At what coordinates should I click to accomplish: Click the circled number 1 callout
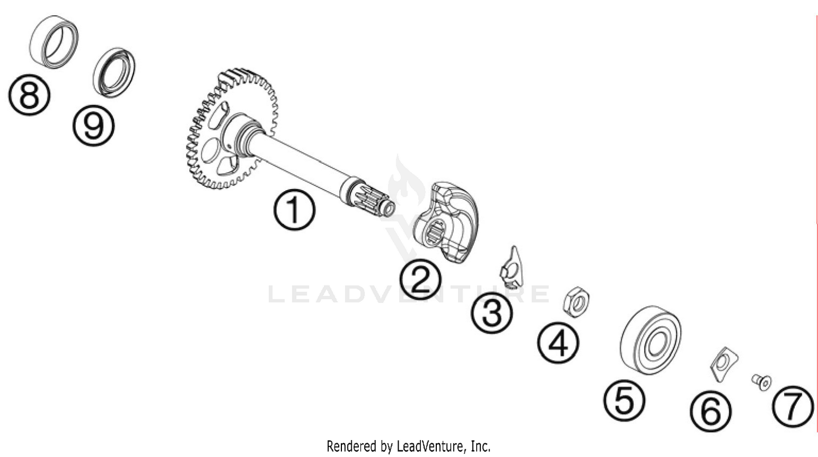point(294,211)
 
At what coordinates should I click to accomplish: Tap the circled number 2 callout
point(420,279)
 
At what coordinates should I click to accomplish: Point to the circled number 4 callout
point(558,344)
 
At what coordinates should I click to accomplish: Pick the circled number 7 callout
point(792,406)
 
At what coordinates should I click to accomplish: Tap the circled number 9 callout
point(93,126)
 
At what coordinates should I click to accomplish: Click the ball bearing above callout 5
point(650,340)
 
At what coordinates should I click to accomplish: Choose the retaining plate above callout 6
point(723,363)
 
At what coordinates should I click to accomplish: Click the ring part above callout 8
point(53,42)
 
